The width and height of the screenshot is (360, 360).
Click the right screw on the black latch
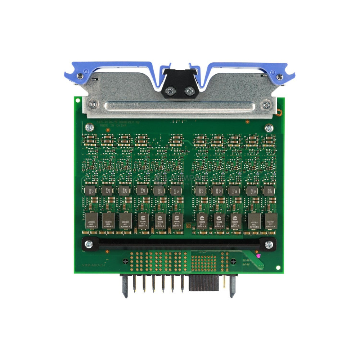tap(189, 91)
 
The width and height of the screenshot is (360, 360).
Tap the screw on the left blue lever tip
tap(80, 76)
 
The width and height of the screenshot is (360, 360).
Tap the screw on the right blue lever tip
tap(279, 76)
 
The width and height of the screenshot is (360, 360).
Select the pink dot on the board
tap(258, 256)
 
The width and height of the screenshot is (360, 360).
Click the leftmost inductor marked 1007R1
tap(90, 220)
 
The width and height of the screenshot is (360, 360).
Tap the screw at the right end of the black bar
tap(269, 244)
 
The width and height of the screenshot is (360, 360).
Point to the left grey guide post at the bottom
tap(125, 286)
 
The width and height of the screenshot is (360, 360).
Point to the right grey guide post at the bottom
tap(232, 286)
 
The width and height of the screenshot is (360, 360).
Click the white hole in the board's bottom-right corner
tap(278, 267)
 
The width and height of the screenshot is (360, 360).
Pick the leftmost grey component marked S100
tap(89, 190)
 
